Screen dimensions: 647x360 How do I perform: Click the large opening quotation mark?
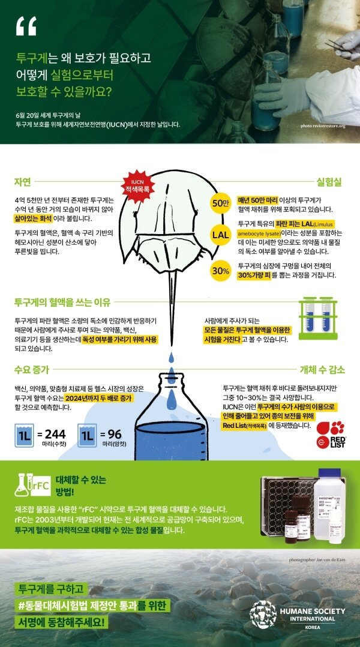[26, 26]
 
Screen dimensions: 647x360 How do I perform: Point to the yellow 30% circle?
[220, 270]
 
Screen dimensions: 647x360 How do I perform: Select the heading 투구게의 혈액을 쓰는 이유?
[59, 302]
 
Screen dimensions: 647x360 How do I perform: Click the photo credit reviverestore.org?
[324, 127]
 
